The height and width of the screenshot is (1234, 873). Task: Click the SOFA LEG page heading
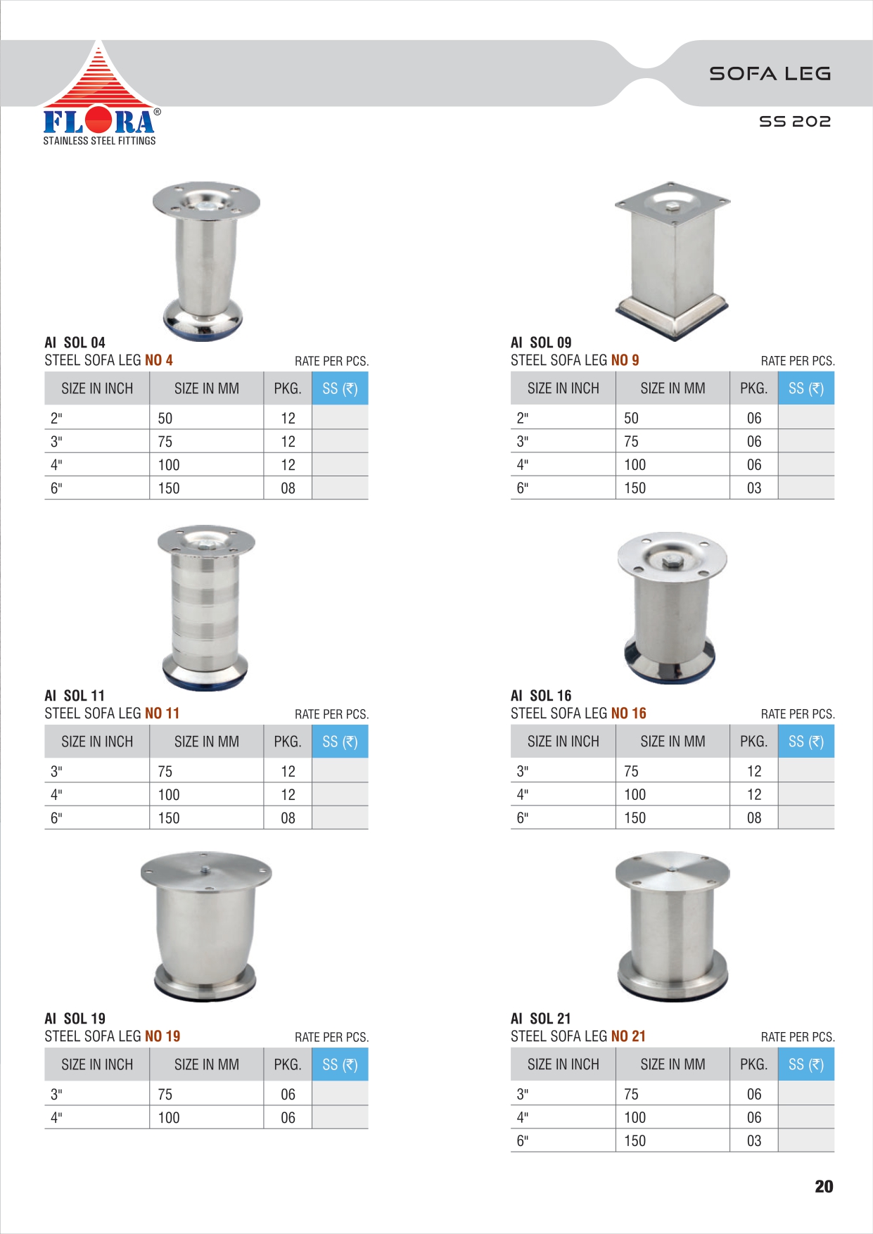coord(770,73)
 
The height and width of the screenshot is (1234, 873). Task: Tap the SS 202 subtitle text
coord(795,121)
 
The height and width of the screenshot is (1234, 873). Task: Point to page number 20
coord(824,1186)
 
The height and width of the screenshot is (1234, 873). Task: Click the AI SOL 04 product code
coord(75,343)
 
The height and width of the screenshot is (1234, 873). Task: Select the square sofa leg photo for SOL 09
coord(672,260)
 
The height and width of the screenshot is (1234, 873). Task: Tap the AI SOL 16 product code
coord(541,696)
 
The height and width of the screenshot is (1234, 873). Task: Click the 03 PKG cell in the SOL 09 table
coord(754,488)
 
